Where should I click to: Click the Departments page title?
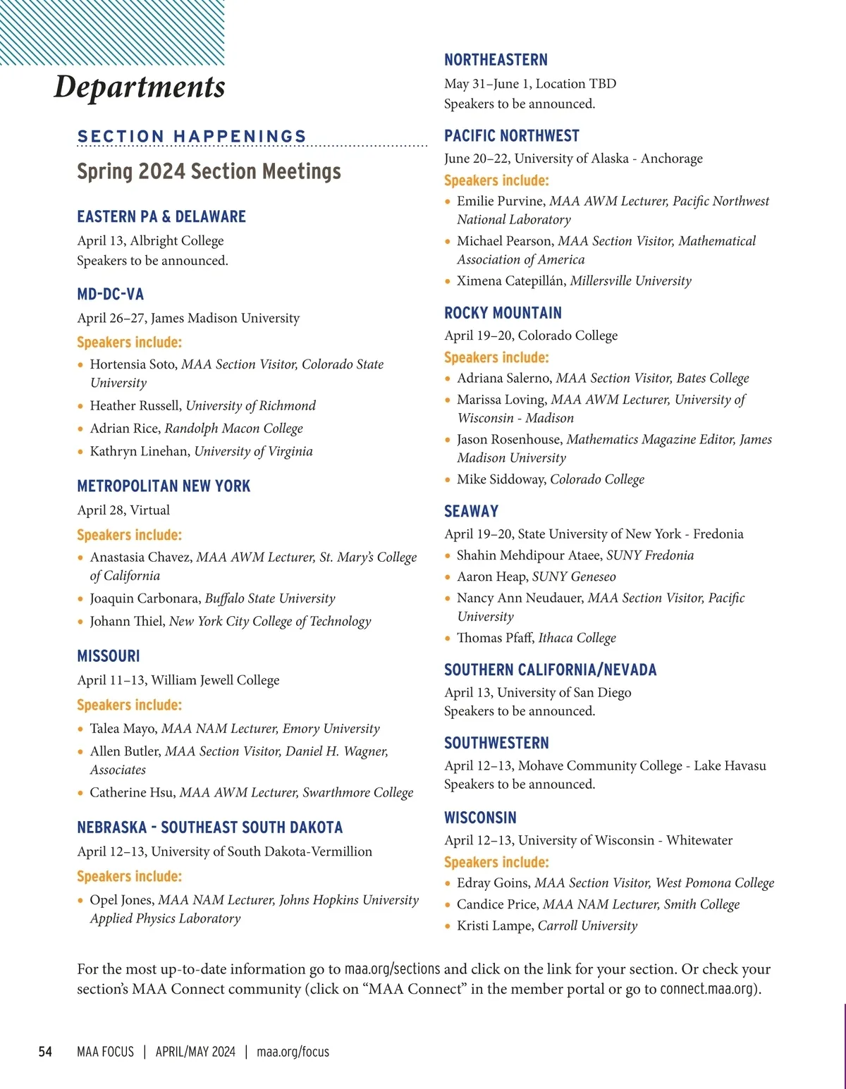point(140,87)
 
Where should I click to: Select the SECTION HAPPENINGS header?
point(192,136)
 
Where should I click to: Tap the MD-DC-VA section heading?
point(111,294)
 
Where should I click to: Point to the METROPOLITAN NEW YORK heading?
point(164,486)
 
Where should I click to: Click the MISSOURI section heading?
point(109,656)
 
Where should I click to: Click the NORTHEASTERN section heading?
point(496,60)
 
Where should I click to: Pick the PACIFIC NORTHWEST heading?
point(511,136)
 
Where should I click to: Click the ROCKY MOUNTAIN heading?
point(503,313)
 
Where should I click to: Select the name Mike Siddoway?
point(501,479)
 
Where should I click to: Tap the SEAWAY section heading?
point(471,512)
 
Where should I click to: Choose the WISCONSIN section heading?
point(480,818)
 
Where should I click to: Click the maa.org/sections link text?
point(392,969)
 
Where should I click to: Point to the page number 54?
point(45,1052)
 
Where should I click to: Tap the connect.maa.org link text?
point(707,989)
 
